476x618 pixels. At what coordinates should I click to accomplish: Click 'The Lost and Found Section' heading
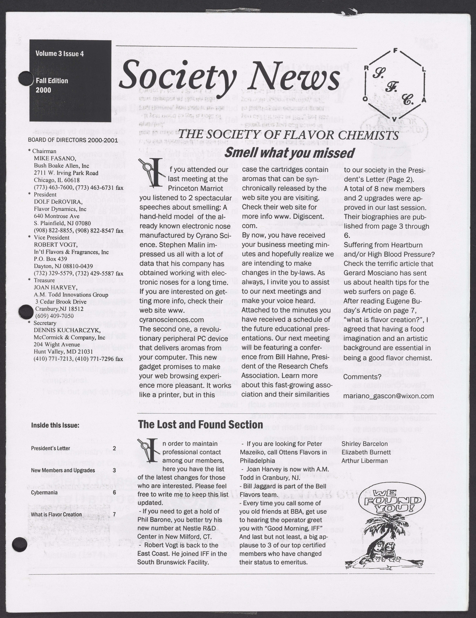(x=200, y=425)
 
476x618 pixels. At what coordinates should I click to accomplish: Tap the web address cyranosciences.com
(x=172, y=319)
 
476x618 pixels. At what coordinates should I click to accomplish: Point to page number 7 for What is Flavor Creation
(x=114, y=514)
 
